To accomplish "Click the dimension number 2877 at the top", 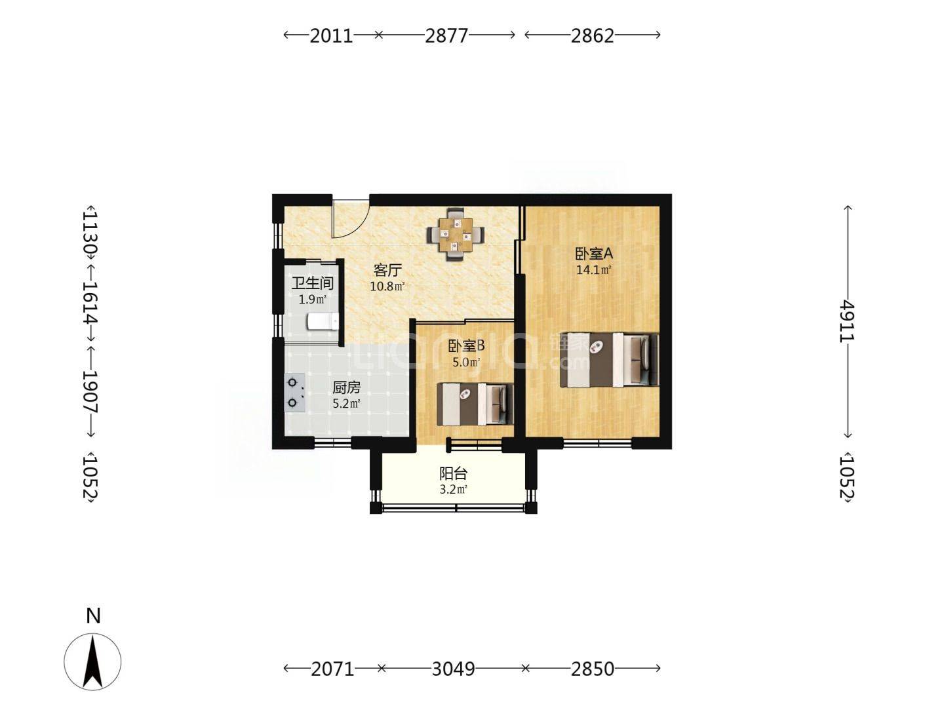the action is [446, 35].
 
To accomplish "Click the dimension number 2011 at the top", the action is [331, 35].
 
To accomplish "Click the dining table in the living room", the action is [456, 235].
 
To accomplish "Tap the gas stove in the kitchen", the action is [294, 393].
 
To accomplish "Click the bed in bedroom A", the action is [610, 360].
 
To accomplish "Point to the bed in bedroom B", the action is [475, 404].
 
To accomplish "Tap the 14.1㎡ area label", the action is [594, 270].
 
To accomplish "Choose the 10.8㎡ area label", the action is [387, 286].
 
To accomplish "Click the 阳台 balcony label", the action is [453, 474].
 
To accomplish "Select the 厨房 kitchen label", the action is [346, 387].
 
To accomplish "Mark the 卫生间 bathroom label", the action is [313, 283].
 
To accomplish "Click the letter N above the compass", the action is [93, 616].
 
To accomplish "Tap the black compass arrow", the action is [93, 661].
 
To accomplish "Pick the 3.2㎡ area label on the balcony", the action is [453, 489].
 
